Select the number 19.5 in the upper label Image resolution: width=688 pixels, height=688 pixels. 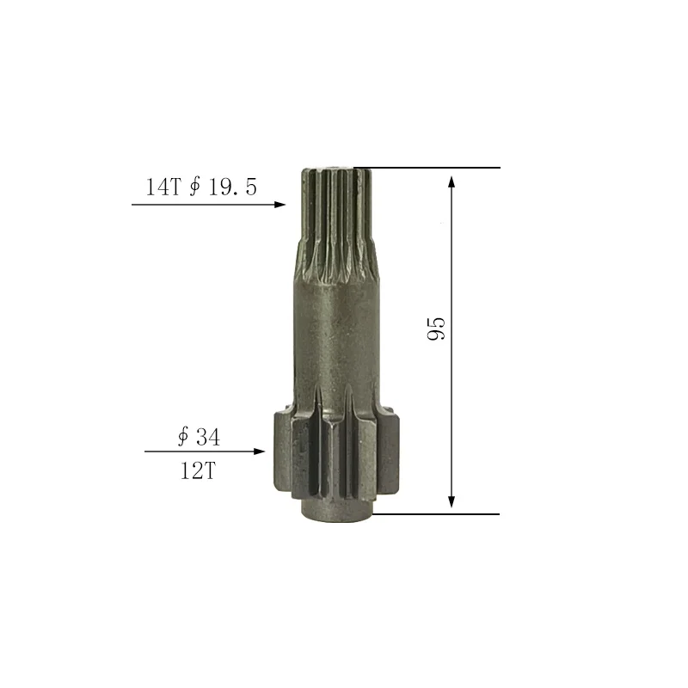click(x=231, y=187)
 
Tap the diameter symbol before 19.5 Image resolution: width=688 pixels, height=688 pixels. click(x=194, y=187)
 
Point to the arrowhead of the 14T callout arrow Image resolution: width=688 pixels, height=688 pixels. click(x=279, y=205)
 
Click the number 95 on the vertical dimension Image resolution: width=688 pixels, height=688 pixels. click(x=437, y=328)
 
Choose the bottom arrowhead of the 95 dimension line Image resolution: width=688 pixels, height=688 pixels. click(x=451, y=503)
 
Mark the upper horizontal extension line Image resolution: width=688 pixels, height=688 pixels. click(x=430, y=168)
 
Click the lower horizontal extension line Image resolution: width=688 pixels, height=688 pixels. click(x=439, y=514)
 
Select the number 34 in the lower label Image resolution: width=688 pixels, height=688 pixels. click(x=207, y=437)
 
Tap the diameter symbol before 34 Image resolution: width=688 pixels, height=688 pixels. click(x=183, y=437)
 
